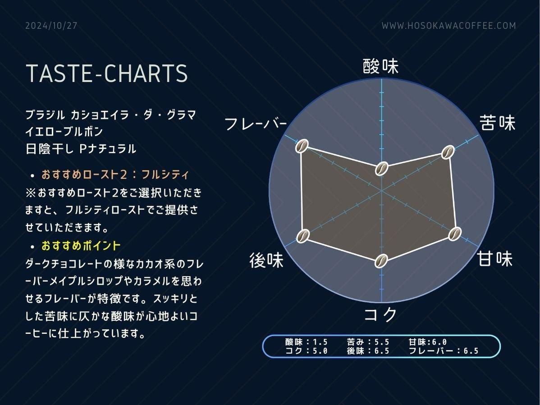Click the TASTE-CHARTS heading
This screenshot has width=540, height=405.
point(107,73)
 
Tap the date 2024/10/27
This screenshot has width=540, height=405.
point(51,26)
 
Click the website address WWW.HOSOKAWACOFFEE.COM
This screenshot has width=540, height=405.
point(449,26)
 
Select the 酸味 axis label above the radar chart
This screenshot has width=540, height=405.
point(380,66)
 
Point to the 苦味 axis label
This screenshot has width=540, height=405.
point(498,123)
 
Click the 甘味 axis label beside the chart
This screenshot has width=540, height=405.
point(495,258)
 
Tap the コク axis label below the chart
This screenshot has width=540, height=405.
point(380,314)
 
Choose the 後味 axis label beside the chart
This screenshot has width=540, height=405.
point(266,260)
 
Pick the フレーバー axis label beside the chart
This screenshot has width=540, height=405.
point(256,124)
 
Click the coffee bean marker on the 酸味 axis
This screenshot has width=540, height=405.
point(382,168)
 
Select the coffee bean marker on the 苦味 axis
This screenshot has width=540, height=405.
point(448,152)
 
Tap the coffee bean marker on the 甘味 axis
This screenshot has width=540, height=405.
point(455,234)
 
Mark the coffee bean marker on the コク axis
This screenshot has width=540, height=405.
point(381,261)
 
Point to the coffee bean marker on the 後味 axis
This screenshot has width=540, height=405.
point(303,236)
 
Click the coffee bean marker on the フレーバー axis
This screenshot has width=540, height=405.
point(302,146)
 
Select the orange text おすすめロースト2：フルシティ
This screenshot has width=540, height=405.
point(115,175)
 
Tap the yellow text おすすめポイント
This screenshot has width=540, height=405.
point(81,246)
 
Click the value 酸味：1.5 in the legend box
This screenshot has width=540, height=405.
point(306,342)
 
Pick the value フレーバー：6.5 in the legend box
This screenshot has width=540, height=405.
point(444,351)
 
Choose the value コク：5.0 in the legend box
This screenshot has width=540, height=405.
point(306,351)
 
